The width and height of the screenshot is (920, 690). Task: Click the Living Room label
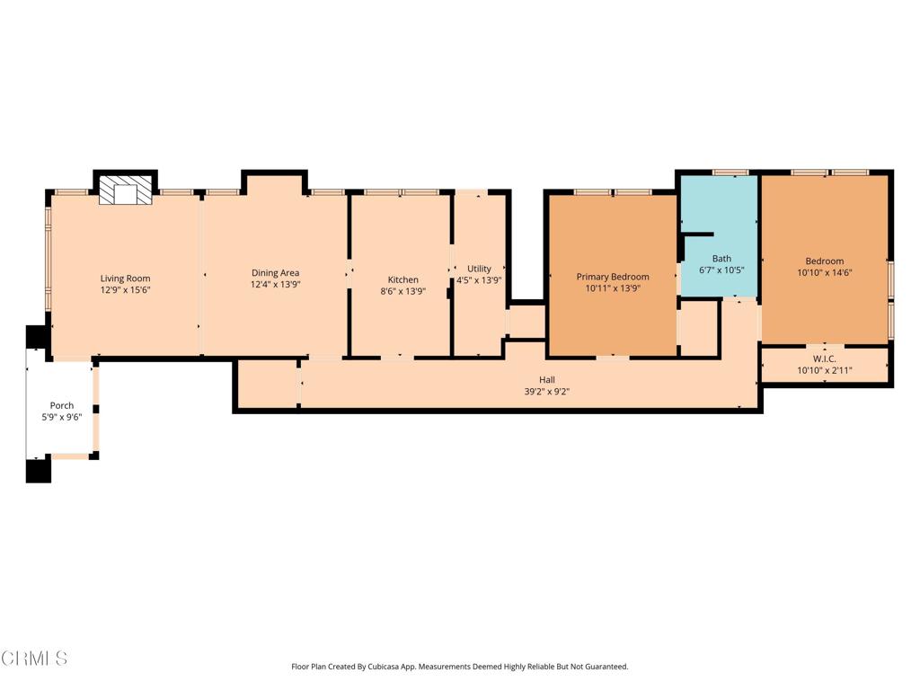pos(125,279)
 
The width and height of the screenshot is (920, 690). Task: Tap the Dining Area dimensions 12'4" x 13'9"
pos(275,285)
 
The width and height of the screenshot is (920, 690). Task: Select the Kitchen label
pos(403,280)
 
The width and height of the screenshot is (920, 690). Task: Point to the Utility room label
pos(480,269)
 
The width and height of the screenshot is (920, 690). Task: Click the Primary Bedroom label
pos(613,277)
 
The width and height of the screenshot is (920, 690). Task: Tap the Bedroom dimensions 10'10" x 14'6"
pos(825,272)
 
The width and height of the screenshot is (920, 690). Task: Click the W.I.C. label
pos(825,358)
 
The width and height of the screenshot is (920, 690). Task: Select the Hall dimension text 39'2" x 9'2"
pos(547,392)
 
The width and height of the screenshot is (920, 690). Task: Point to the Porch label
pos(62,405)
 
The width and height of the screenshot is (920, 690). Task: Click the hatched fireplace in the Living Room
pos(125,190)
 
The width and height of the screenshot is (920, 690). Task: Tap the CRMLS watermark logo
pos(34,658)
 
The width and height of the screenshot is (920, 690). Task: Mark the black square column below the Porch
pos(38,471)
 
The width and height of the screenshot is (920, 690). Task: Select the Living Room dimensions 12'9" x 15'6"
pos(125,290)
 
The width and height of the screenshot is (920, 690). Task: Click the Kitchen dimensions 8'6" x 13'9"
pos(403,291)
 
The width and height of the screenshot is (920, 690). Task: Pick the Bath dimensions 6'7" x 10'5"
pos(721,270)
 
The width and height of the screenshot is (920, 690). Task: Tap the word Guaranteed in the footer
pos(607,667)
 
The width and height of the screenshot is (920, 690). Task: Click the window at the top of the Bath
pos(730,172)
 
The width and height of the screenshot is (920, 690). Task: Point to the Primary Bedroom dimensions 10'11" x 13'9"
pos(613,288)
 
